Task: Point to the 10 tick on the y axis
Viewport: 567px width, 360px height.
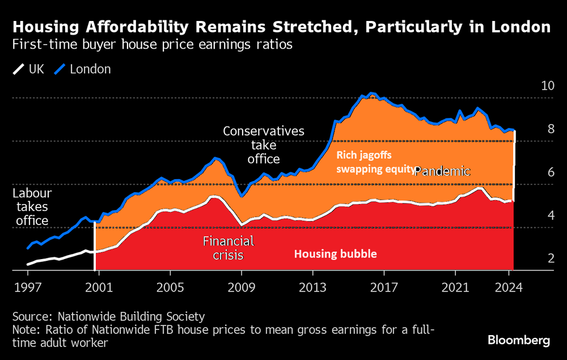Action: (x=547, y=86)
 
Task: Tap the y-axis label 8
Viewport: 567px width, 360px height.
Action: (x=551, y=129)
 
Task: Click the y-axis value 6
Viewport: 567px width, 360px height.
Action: (x=551, y=172)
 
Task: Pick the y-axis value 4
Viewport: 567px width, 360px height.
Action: (x=551, y=215)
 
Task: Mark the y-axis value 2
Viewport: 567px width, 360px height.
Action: (x=551, y=259)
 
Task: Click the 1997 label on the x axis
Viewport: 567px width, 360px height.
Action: (x=28, y=287)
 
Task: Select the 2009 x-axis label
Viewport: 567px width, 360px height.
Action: (x=242, y=287)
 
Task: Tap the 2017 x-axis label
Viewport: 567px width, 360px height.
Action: (x=384, y=287)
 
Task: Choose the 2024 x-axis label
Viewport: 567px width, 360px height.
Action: (x=509, y=287)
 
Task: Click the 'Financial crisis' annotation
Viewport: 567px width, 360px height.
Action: (x=229, y=248)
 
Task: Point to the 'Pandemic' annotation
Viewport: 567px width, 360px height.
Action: (x=442, y=171)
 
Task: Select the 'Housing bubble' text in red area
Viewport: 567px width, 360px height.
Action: (x=335, y=254)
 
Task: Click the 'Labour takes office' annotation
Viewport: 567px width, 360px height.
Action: (x=32, y=206)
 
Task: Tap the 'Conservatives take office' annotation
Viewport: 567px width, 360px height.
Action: (x=264, y=145)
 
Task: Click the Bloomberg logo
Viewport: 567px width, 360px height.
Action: (x=518, y=340)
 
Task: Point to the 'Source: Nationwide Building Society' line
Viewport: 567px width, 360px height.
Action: (x=108, y=316)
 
